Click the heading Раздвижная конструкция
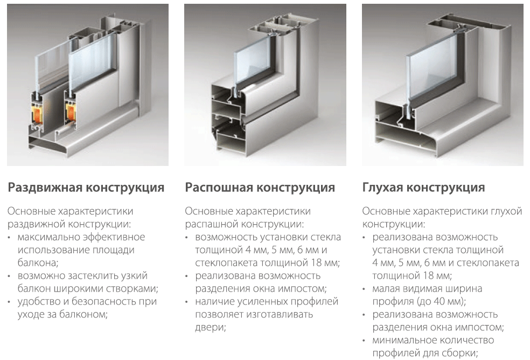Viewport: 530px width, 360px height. tap(86, 188)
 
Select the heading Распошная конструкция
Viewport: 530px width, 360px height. tap(260, 188)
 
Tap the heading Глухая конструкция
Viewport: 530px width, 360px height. tap(423, 188)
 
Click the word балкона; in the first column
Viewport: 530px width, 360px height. tap(38, 263)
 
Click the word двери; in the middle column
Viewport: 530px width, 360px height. tap(211, 328)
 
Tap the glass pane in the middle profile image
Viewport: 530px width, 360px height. tap(252, 59)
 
